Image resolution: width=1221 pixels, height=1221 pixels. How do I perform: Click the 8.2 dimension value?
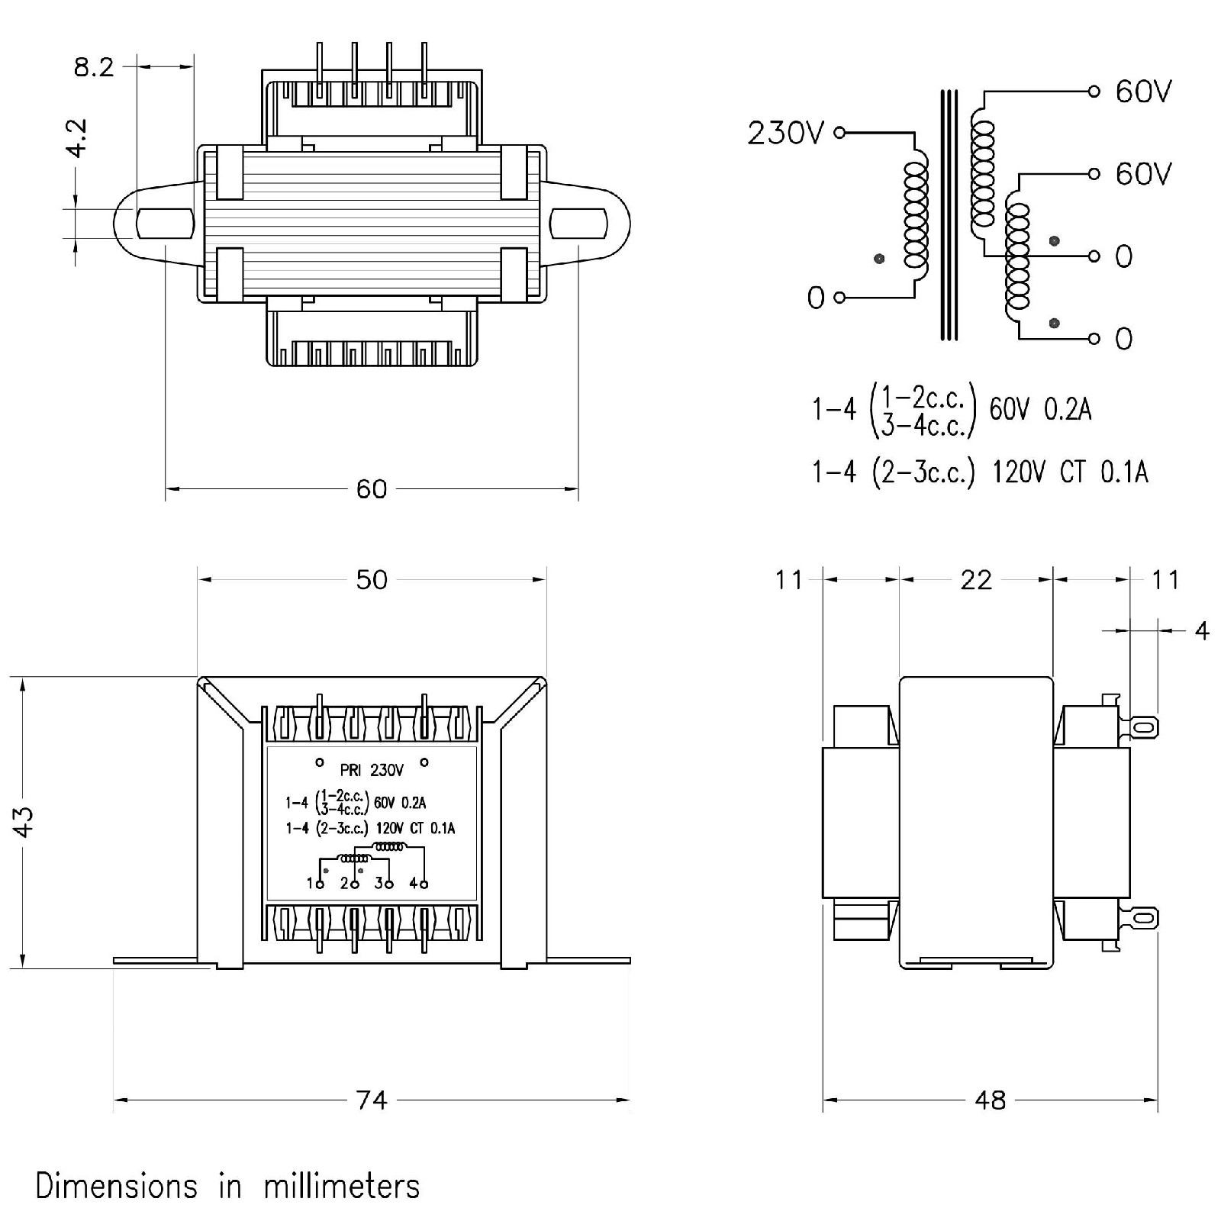[x=93, y=67]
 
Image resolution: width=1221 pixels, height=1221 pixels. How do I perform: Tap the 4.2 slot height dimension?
[x=78, y=138]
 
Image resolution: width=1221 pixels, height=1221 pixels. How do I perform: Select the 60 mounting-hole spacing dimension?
[x=372, y=489]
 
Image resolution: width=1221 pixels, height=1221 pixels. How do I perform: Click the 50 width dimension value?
[x=372, y=580]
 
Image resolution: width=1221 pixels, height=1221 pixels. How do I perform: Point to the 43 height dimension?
[x=24, y=821]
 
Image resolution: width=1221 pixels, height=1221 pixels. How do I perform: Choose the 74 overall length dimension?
[x=372, y=1100]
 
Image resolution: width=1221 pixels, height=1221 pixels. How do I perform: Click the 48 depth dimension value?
[x=990, y=1100]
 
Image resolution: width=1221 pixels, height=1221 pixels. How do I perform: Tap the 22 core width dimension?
[x=976, y=580]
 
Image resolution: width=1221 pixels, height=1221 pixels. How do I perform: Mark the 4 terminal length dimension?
[x=1202, y=631]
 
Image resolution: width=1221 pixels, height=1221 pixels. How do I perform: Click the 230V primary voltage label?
[x=785, y=134]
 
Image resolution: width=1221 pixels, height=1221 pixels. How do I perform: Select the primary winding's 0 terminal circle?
[x=839, y=297]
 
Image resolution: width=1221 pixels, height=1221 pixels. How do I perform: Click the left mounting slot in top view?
[x=164, y=224]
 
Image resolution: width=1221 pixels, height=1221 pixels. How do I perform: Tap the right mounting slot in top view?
[x=578, y=224]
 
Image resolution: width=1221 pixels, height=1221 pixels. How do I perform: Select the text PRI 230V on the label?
[x=372, y=770]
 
